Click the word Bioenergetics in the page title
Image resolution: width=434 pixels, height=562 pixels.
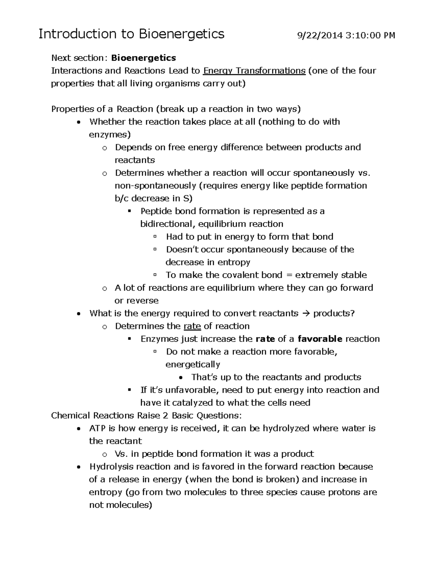click(182, 34)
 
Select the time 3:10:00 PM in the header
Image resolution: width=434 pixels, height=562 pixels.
click(370, 35)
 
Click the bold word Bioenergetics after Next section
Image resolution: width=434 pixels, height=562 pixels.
click(144, 58)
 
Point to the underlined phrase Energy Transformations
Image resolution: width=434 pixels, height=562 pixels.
click(254, 71)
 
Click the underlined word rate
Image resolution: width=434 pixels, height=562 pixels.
click(192, 326)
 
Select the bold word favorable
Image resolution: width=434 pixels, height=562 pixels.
click(320, 339)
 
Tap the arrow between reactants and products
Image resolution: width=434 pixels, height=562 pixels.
click(306, 313)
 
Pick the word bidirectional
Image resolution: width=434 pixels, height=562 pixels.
click(168, 224)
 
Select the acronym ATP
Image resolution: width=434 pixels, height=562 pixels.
click(97, 428)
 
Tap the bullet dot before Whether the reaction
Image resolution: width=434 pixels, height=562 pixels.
click(78, 122)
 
